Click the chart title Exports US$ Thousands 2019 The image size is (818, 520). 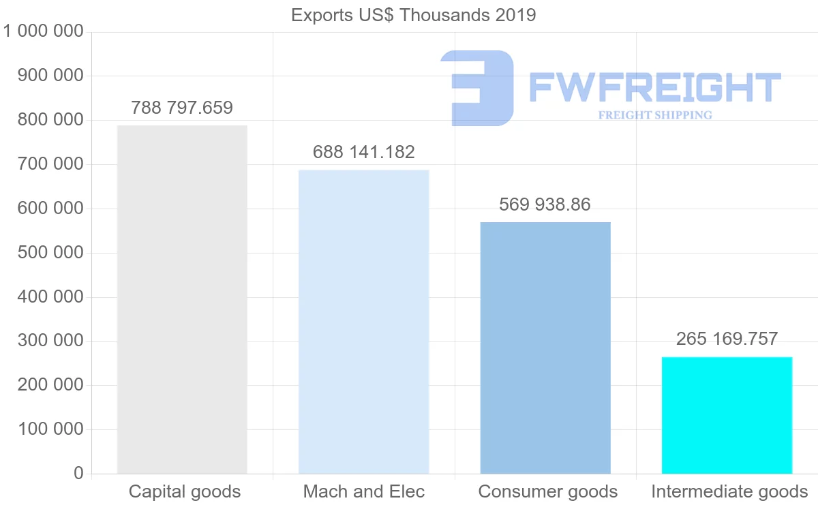pos(413,15)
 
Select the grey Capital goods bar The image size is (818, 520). pos(182,299)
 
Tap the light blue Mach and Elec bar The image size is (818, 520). pos(364,321)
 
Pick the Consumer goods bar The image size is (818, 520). pos(545,348)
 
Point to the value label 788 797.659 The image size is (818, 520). pos(182,108)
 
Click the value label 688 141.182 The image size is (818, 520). pos(364,152)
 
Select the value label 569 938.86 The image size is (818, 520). pos(545,204)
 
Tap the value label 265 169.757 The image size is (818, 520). pos(727,339)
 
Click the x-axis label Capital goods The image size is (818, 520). pos(185,491)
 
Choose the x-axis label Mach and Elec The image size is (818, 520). pos(364,491)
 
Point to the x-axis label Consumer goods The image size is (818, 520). pos(548,491)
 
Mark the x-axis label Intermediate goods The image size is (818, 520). pos(729,491)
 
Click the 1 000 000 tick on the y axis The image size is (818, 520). pos(44,31)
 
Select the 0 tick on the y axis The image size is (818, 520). pos(78,474)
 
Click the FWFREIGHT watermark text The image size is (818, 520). pos(654,87)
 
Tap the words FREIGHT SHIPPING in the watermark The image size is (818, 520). pos(655,115)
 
